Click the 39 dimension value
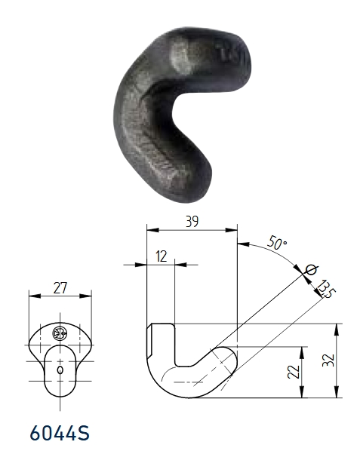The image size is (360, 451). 192,222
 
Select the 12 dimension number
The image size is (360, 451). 162,256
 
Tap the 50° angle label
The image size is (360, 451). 277,243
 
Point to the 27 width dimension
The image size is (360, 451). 60,288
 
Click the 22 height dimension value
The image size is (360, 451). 294,372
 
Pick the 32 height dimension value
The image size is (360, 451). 328,360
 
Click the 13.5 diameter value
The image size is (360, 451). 326,289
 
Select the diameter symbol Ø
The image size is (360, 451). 311,270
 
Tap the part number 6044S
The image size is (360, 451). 60,434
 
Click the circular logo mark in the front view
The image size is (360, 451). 60,333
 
